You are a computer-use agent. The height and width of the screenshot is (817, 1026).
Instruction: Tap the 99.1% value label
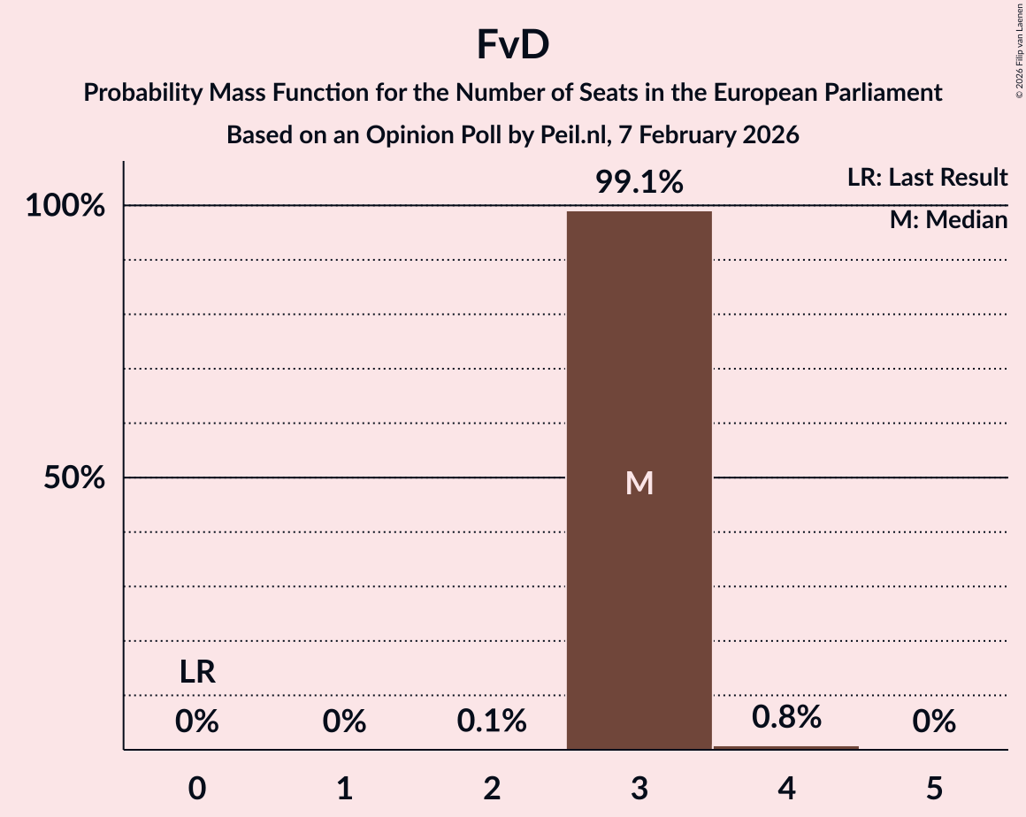click(639, 182)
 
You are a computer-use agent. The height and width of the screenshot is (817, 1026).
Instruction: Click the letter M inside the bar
click(639, 483)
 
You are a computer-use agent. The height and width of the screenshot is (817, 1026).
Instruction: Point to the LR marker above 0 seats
click(197, 673)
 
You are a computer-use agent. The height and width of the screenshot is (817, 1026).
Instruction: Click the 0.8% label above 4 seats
click(786, 717)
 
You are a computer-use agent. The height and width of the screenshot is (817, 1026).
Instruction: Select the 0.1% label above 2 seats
click(492, 722)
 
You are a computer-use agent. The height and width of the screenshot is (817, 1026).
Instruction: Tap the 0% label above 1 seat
click(344, 722)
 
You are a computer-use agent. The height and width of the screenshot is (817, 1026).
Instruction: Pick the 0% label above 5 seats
click(934, 722)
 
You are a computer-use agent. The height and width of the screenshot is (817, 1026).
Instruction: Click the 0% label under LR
click(197, 722)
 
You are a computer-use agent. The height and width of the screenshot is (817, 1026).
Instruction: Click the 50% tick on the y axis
click(70, 478)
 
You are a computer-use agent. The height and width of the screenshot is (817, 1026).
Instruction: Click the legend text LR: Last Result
click(926, 178)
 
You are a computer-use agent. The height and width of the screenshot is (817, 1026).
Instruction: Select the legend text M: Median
click(948, 220)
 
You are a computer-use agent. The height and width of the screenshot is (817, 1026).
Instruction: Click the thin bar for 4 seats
click(786, 748)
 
